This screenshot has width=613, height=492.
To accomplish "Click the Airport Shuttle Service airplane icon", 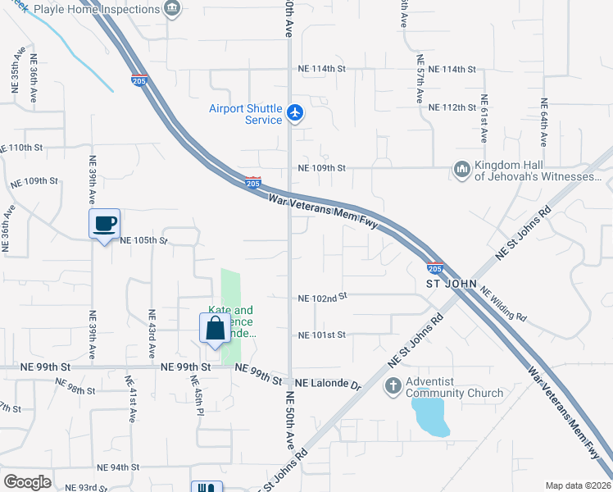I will tap(296, 113).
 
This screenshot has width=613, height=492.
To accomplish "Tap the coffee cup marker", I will tap(104, 223).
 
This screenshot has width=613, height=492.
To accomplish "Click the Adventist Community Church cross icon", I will tap(393, 385).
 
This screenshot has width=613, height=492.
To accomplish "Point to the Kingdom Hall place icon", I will tap(461, 170).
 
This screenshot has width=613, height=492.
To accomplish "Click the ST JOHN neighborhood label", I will tap(449, 284).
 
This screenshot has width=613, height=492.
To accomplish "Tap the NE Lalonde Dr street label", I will tap(328, 383).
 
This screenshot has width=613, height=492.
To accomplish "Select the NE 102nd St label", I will tap(323, 298).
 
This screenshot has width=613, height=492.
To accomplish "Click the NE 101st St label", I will tap(323, 335).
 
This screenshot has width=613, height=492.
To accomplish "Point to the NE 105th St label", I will tap(143, 241).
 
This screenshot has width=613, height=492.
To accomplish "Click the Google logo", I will tap(27, 482).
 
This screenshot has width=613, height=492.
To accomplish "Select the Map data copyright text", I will tap(577, 485).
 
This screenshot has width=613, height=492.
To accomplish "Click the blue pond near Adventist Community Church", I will tap(431, 417).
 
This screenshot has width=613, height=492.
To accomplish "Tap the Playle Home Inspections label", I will tap(109, 9).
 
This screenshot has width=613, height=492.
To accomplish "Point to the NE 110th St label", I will tap(32, 148).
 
